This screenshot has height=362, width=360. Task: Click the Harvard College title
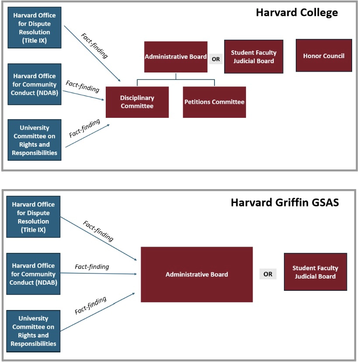pyautogui.click(x=297, y=13)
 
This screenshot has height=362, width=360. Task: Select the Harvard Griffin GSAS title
pyautogui.click(x=284, y=203)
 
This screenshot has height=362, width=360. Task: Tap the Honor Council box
pyautogui.click(x=324, y=55)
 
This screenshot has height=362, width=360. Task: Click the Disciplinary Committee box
pyautogui.click(x=137, y=102)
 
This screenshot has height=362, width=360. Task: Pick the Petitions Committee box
pyautogui.click(x=214, y=102)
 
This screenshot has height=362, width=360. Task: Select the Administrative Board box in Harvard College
pyautogui.click(x=176, y=57)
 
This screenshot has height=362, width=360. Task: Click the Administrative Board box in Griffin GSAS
pyautogui.click(x=197, y=274)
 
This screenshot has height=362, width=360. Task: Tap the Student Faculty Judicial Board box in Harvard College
pyautogui.click(x=254, y=57)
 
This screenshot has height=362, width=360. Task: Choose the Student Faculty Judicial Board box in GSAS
pyautogui.click(x=315, y=272)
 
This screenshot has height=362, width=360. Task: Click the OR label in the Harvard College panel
pyautogui.click(x=215, y=58)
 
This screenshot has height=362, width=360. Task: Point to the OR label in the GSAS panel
pyautogui.click(x=268, y=274)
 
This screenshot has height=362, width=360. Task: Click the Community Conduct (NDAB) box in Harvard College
pyautogui.click(x=35, y=84)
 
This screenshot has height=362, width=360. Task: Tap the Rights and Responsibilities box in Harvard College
pyautogui.click(x=35, y=140)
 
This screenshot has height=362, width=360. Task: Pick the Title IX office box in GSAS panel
pyautogui.click(x=33, y=217)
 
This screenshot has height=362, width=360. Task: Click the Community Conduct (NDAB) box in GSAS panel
pyautogui.click(x=34, y=274)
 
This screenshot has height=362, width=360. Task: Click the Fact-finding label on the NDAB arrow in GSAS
pyautogui.click(x=92, y=266)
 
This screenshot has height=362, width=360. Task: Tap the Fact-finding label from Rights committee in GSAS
pyautogui.click(x=90, y=305)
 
